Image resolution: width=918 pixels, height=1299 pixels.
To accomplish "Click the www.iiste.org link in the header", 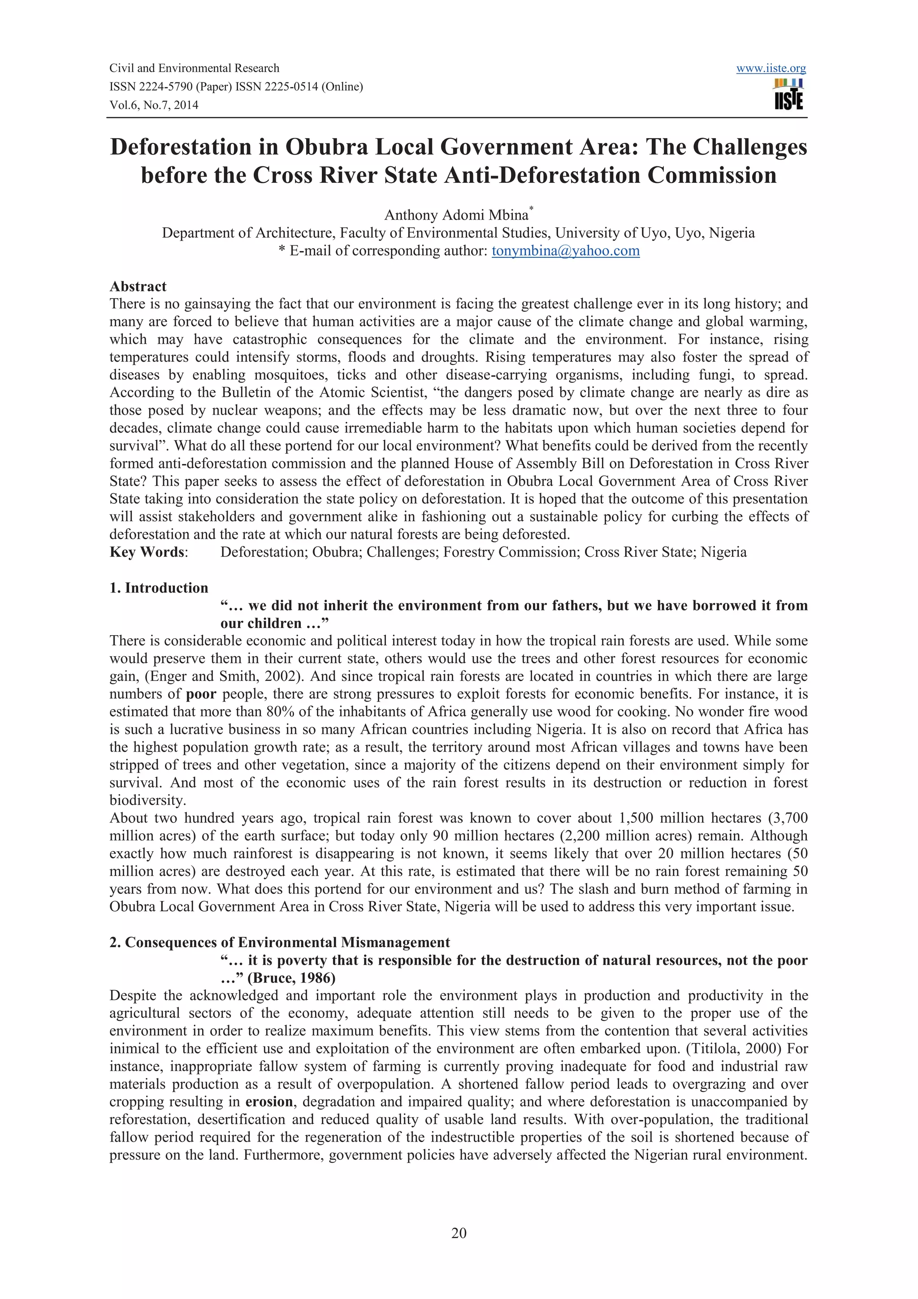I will point(771,69).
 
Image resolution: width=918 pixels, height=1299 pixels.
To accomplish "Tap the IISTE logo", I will point(788,95).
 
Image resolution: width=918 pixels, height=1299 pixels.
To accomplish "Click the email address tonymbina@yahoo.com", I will point(565,251).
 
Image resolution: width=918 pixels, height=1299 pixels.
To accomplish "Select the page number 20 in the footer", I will point(459,1233).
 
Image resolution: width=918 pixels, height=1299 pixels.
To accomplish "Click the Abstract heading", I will point(138,286).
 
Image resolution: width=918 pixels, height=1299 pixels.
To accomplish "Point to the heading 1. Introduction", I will point(159,588).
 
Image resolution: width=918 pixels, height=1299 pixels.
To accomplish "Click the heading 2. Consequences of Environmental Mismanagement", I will point(279,943).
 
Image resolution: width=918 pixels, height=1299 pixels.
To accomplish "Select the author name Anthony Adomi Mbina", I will point(456,216).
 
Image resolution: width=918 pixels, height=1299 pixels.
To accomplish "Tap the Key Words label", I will point(147,552).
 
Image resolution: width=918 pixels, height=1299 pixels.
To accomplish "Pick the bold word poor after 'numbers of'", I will point(201,694).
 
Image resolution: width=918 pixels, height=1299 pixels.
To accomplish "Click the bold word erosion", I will point(269,1102).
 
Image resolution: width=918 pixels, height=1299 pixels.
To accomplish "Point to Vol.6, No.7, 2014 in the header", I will point(154,105).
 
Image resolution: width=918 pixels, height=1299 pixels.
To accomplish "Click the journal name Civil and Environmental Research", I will point(194,69).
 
